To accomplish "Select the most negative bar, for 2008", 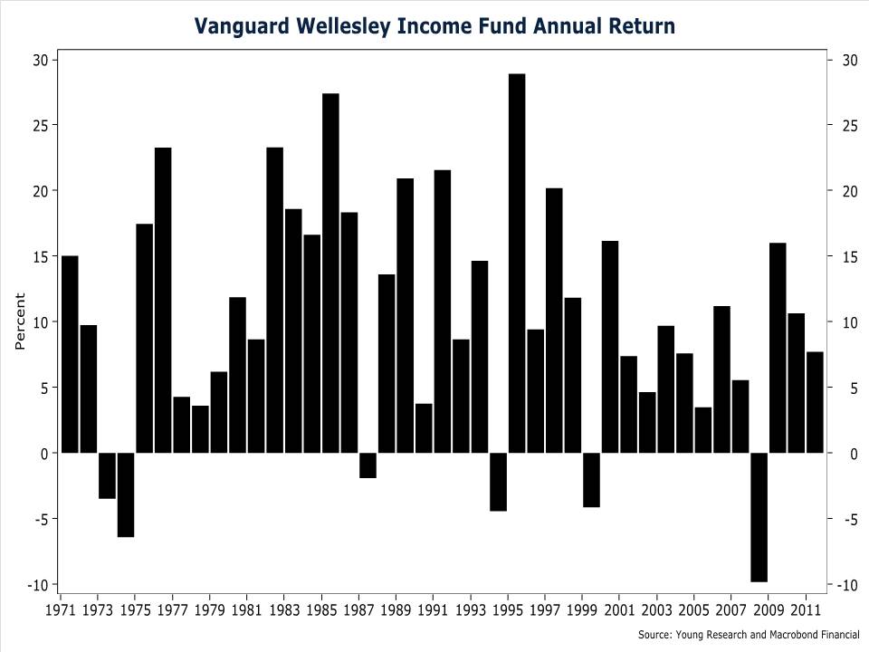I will click(x=759, y=517).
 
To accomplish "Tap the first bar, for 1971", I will click(x=70, y=354).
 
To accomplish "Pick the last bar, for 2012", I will click(x=815, y=402).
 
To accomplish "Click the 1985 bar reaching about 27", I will click(x=330, y=273).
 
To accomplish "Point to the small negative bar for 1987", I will click(x=368, y=465).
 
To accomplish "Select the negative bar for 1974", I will click(x=126, y=494).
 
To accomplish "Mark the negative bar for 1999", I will click(x=591, y=480).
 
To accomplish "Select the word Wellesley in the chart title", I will click(x=343, y=25).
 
